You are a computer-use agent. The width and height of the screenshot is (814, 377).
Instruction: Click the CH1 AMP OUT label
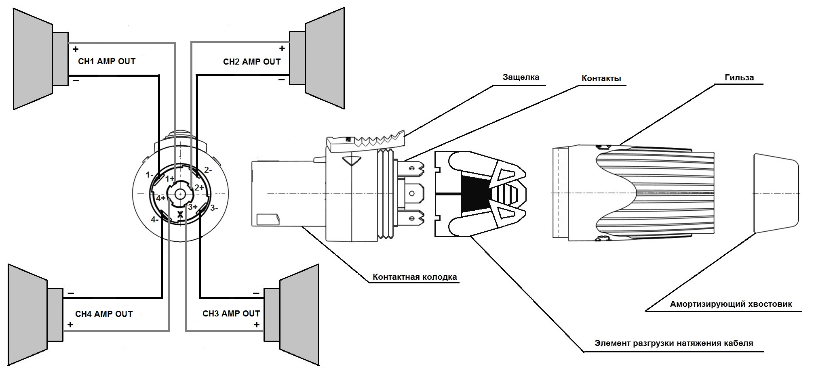click(107, 61)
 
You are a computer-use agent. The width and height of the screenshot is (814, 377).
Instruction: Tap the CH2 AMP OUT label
click(252, 62)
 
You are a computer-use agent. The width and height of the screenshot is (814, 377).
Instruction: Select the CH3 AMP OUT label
click(231, 314)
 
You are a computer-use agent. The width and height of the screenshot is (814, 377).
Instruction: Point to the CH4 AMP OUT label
click(104, 314)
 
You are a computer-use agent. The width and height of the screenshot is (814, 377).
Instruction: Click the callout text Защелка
click(521, 77)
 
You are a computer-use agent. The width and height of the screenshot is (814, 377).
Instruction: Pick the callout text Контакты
click(601, 78)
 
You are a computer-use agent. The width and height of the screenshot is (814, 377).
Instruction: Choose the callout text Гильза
click(739, 77)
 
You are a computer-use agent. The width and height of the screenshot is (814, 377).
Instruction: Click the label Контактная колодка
click(415, 277)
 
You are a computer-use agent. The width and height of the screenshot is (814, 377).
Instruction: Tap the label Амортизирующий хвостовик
click(731, 304)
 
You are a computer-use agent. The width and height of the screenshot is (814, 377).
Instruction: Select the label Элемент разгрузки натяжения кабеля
click(674, 343)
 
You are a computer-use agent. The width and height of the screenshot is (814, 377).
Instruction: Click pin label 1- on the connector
click(150, 175)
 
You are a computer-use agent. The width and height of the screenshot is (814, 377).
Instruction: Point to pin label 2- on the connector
click(208, 170)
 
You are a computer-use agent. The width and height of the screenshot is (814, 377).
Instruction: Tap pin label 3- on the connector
click(214, 208)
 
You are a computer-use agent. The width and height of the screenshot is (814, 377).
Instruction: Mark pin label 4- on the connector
click(154, 220)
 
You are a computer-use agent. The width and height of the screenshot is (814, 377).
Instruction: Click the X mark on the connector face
click(180, 215)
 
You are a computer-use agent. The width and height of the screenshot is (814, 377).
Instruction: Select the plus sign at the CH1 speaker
click(75, 50)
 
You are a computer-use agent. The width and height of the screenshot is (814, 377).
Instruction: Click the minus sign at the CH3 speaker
click(256, 293)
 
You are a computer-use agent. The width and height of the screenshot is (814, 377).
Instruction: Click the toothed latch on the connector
click(366, 142)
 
